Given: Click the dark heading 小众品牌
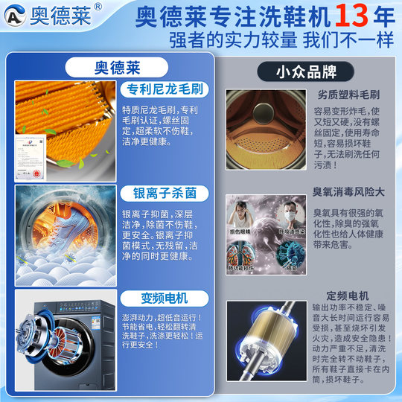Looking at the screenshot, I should coord(305,72).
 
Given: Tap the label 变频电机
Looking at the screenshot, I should coord(159,299).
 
